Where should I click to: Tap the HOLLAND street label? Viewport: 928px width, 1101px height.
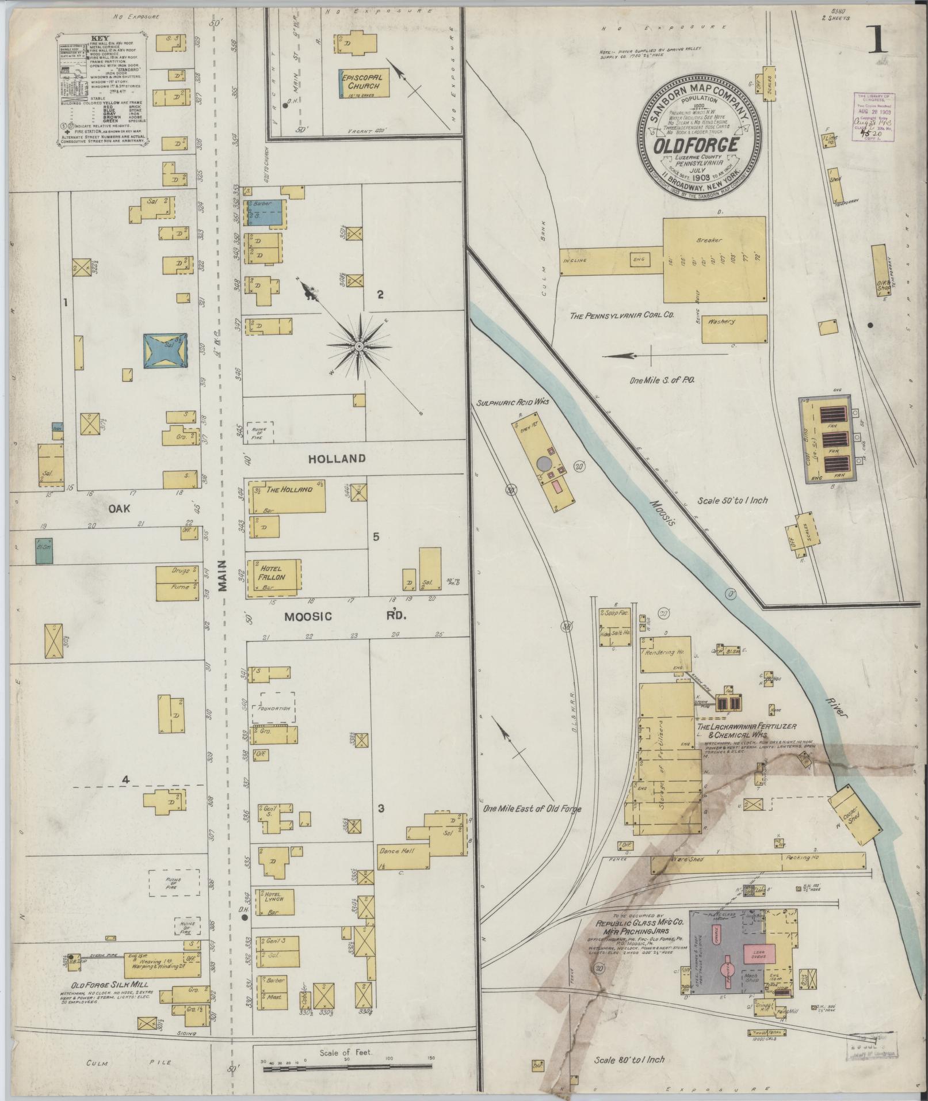(337, 459)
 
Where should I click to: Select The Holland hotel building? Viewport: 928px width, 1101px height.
(287, 496)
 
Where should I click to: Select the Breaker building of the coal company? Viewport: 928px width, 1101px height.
(714, 259)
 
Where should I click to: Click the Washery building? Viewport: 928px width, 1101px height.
(734, 329)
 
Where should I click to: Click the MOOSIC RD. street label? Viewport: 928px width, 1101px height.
(345, 616)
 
